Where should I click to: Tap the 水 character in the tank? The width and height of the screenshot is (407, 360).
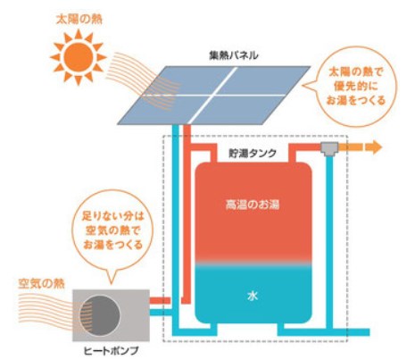[253, 293]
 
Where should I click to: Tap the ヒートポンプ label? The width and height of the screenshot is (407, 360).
[106, 350]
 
